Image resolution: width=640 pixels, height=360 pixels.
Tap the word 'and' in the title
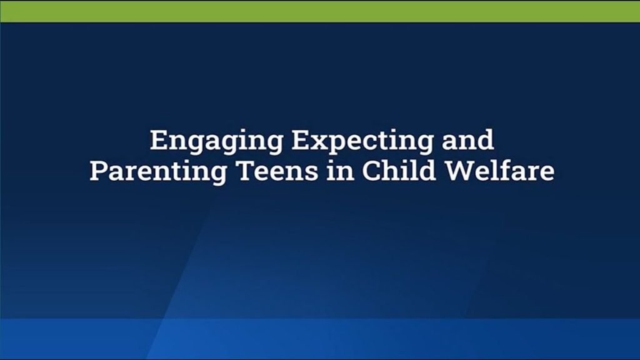[x=468, y=139]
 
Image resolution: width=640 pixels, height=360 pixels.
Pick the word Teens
[x=277, y=171]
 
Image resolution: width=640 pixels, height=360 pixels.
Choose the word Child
[x=399, y=171]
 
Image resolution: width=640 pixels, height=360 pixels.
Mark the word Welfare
[x=499, y=171]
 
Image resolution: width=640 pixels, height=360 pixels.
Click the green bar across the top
[x=320, y=11]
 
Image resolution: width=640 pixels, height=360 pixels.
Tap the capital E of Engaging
[x=159, y=140]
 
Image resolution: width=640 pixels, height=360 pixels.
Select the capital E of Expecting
[x=301, y=140]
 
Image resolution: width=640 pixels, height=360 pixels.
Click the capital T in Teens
[x=246, y=171]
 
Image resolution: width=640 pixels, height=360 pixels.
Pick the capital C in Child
[x=371, y=171]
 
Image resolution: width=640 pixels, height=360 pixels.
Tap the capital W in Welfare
[x=460, y=171]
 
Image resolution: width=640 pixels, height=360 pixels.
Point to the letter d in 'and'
[x=485, y=140]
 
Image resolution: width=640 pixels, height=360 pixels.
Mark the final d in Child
[x=427, y=171]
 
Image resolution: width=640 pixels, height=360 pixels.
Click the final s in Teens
[x=311, y=174]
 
